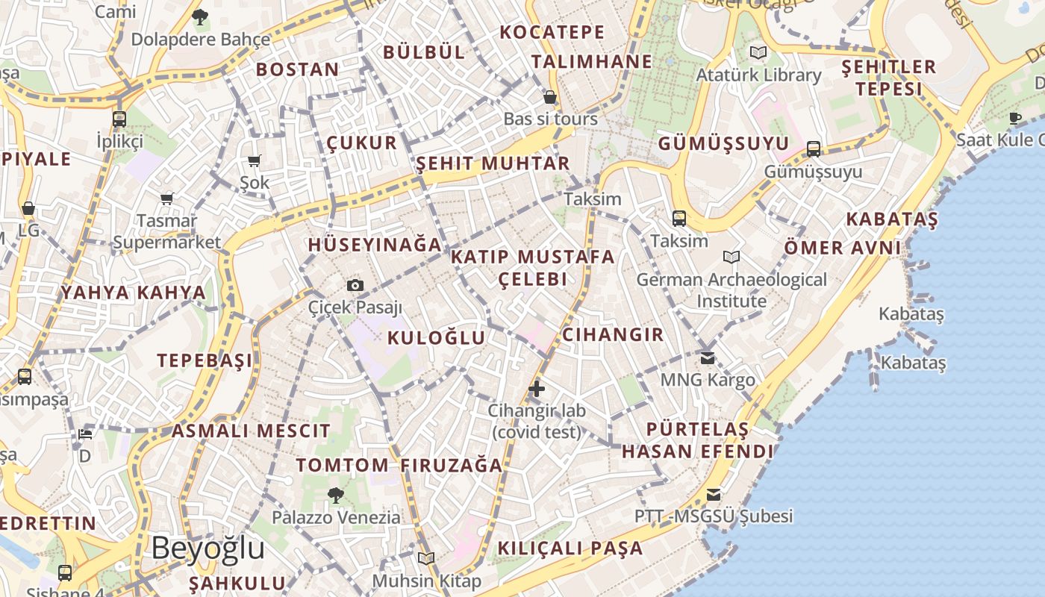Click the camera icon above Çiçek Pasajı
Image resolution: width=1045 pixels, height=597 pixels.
(355, 285)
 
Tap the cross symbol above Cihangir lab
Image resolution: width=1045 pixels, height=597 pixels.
(537, 388)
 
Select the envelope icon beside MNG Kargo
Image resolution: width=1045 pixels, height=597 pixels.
(708, 358)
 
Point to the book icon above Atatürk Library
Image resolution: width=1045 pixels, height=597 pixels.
(758, 53)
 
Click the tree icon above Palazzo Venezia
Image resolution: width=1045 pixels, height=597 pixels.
(336, 495)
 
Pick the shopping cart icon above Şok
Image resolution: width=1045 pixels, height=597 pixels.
(255, 160)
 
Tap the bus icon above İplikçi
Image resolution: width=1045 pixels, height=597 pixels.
(119, 119)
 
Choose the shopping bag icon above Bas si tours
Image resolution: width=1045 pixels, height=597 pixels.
(550, 97)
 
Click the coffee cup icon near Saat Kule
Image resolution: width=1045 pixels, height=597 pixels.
(1015, 118)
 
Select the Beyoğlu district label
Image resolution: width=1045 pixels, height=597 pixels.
(208, 548)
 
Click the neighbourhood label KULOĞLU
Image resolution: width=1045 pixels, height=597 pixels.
(437, 338)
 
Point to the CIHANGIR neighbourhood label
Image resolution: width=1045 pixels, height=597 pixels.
(613, 334)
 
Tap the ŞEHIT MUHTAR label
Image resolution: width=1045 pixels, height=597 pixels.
(493, 163)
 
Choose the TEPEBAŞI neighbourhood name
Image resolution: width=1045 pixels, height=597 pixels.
(205, 360)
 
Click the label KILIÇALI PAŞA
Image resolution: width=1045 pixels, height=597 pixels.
(570, 548)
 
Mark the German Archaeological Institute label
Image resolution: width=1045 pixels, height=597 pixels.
(731, 290)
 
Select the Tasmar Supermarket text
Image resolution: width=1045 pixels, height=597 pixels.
(167, 231)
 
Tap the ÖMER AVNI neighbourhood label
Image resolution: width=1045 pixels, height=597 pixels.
(843, 248)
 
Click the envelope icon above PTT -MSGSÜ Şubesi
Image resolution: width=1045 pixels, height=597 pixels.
(714, 494)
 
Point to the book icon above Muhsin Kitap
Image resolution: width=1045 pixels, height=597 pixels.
(426, 558)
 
